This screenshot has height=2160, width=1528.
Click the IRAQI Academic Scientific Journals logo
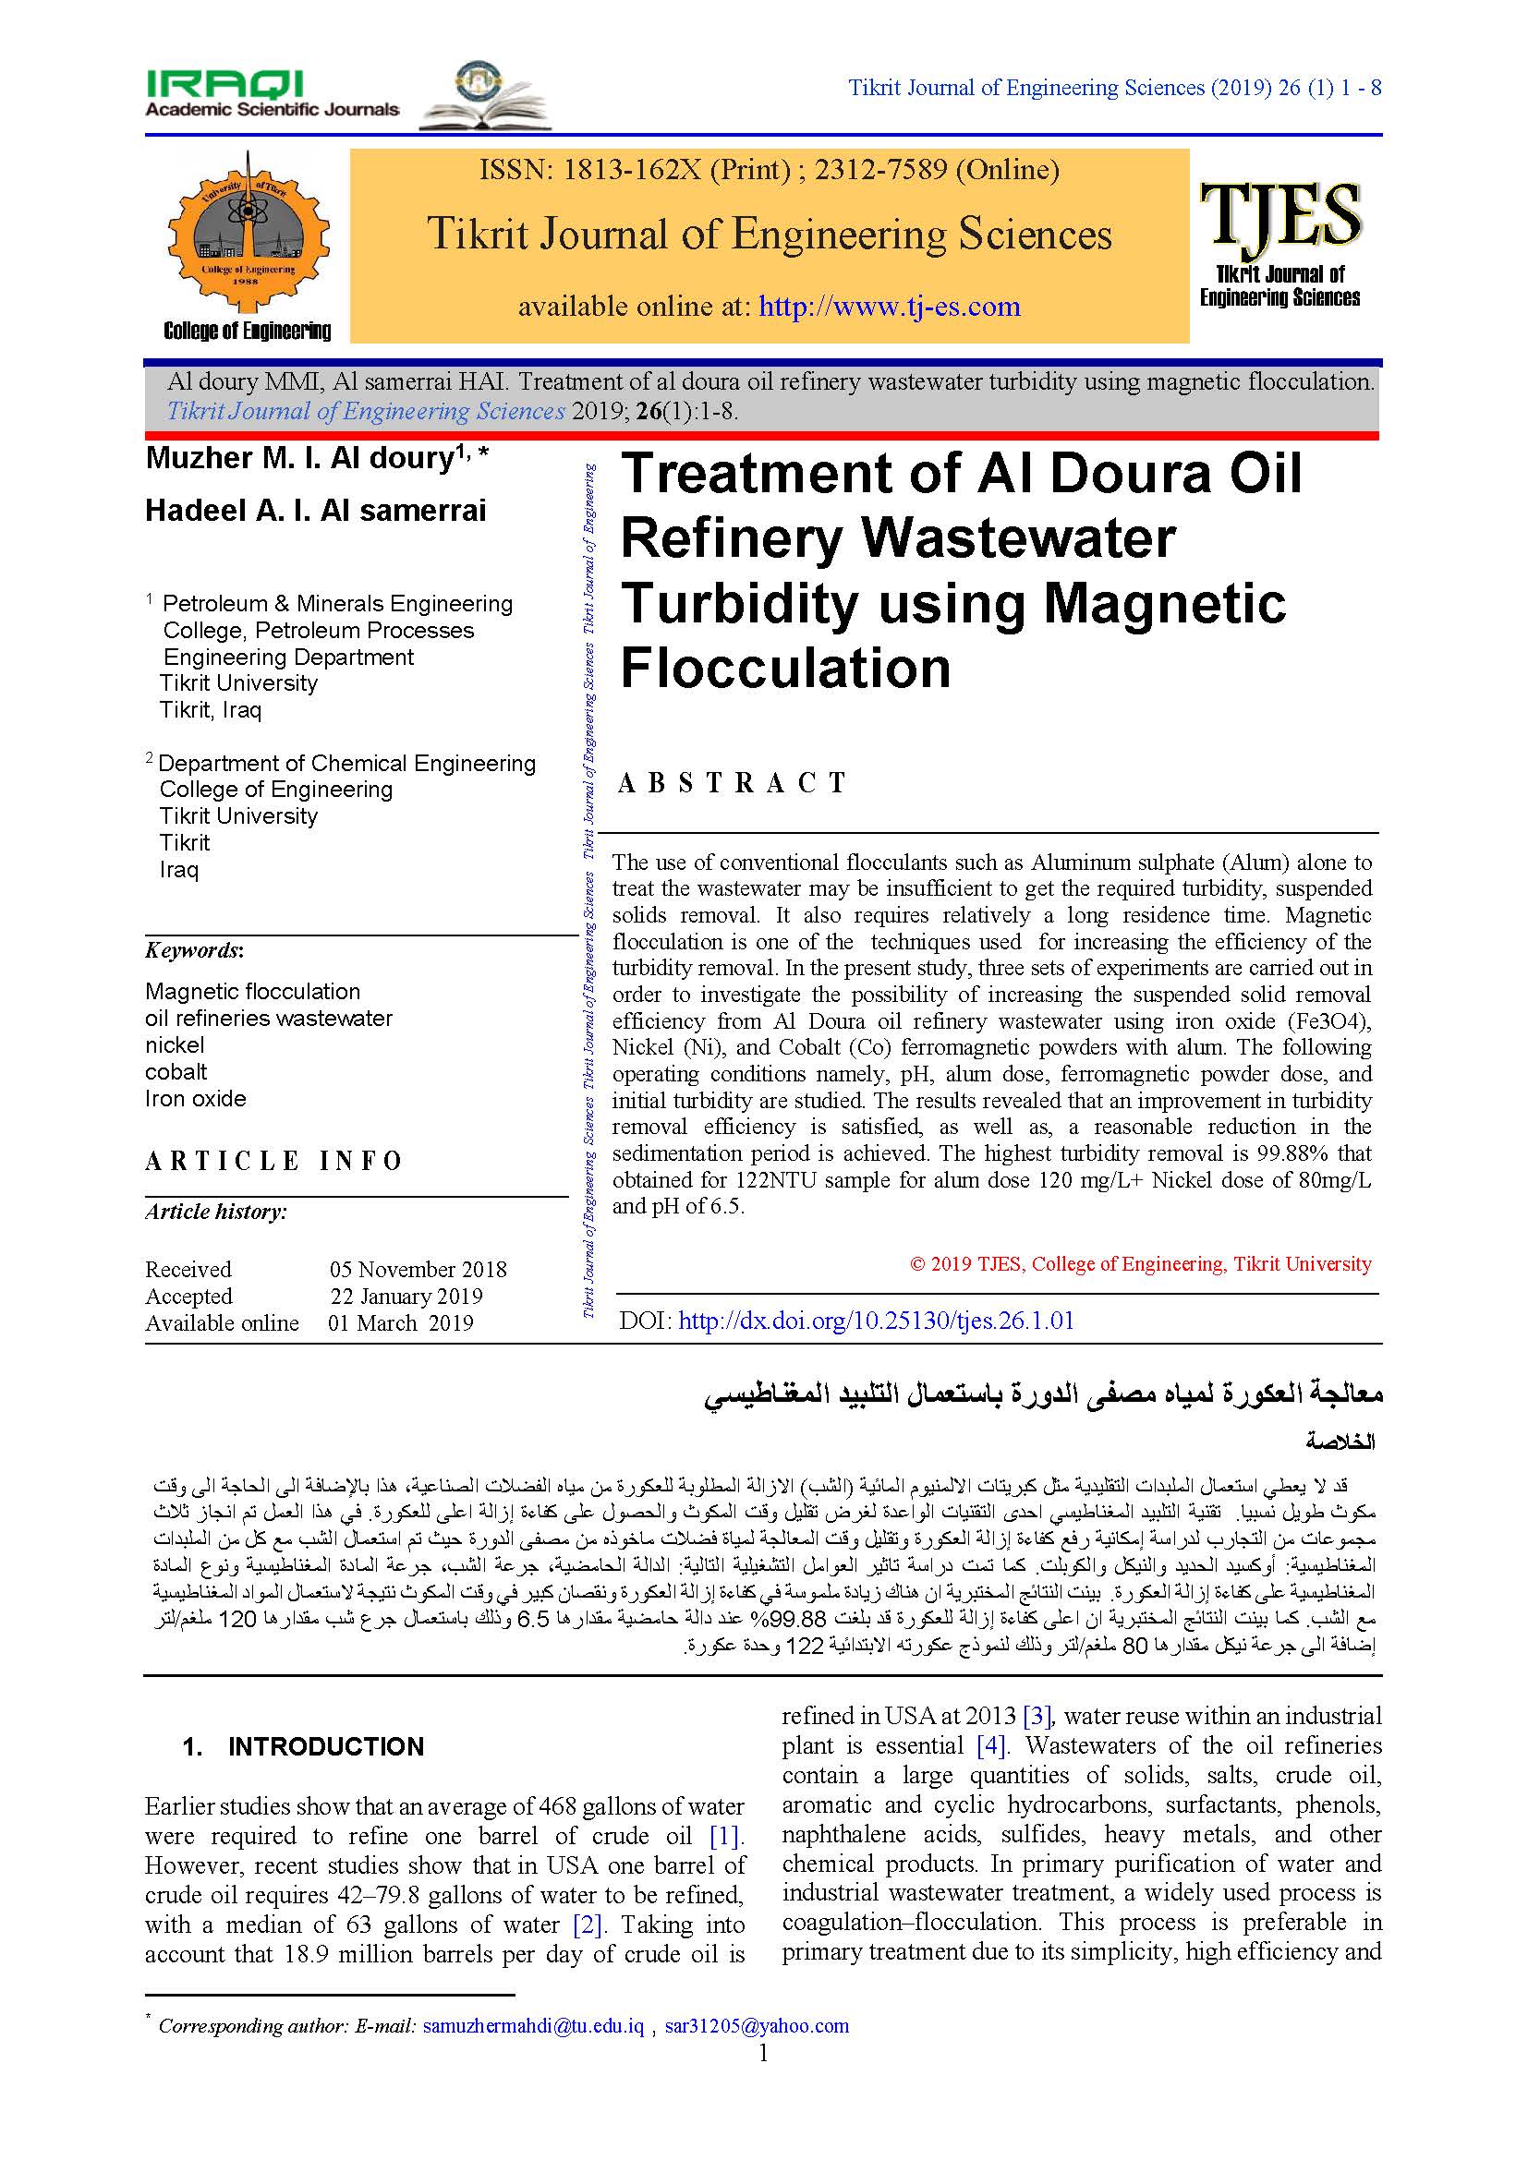[271, 94]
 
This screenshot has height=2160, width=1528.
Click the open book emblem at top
[485, 96]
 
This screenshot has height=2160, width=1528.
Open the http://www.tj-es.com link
[889, 307]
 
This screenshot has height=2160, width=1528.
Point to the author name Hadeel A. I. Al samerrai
[315, 511]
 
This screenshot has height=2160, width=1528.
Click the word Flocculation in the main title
[785, 669]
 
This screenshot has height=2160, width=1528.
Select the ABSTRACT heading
[733, 783]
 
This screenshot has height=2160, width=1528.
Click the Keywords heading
[194, 950]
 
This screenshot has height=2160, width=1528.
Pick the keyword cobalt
[176, 1071]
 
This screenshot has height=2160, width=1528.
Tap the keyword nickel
[174, 1045]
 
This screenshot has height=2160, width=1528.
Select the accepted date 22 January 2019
[406, 1297]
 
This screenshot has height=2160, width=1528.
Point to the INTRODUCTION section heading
[325, 1747]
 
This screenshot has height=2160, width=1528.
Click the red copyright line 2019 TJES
[1140, 1264]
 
